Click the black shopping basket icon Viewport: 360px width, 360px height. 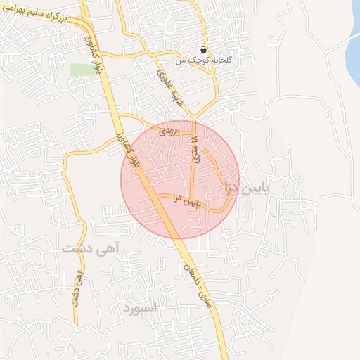pos(203,50)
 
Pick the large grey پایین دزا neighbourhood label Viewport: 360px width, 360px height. pos(245,188)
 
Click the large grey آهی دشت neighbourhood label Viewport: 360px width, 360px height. pos(90,247)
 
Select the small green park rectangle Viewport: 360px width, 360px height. pos(82,70)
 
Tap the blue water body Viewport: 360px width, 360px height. pos(353,49)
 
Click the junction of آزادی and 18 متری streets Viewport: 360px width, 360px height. pos(195,131)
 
